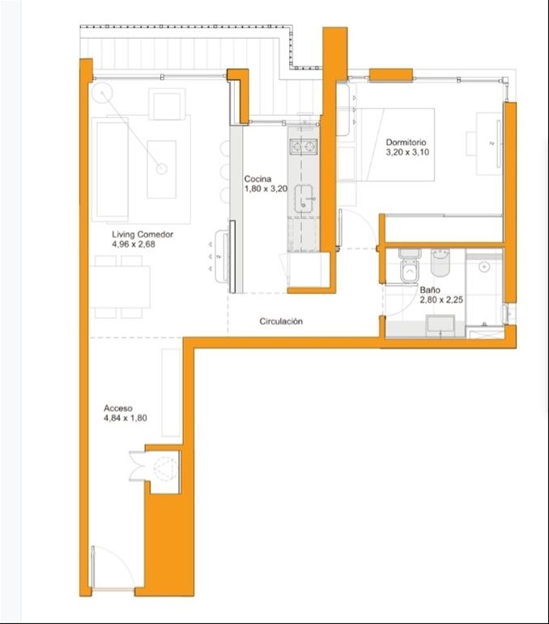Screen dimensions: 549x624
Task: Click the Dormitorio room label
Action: tap(406, 142)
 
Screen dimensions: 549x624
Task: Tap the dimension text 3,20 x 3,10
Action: tap(407, 152)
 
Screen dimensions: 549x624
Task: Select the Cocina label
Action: tap(257, 179)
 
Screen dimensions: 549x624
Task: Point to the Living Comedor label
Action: tap(143, 235)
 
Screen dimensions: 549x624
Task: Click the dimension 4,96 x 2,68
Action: tap(134, 244)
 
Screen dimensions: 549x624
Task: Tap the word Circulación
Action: tap(281, 321)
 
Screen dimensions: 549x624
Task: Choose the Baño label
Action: tap(430, 290)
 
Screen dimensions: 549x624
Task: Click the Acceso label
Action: tap(118, 408)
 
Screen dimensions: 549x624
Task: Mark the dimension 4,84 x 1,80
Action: tap(125, 418)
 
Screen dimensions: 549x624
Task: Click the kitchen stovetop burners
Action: tap(304, 146)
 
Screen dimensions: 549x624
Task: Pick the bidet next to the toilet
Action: tap(440, 263)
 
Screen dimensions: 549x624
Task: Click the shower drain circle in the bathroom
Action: tap(484, 266)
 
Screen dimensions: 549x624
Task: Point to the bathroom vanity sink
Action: tap(440, 325)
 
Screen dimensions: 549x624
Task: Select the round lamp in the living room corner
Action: tap(102, 93)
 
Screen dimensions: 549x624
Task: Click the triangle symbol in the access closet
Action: tap(164, 469)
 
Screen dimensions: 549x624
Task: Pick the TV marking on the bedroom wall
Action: tap(492, 144)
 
